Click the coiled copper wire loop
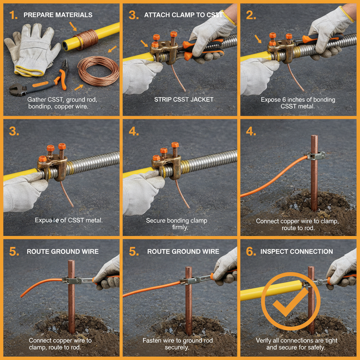[x=98, y=72]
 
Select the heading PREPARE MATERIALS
[x=58, y=15]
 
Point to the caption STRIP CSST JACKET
[x=184, y=99]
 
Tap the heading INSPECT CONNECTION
[x=296, y=251]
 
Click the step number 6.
[x=249, y=252]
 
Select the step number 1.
[x=13, y=15]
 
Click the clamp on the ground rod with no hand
[x=315, y=155]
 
